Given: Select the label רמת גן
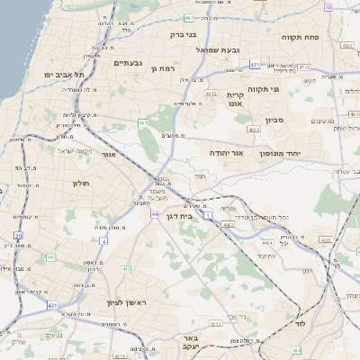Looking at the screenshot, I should [x=167, y=68].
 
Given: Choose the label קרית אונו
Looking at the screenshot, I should [x=235, y=99].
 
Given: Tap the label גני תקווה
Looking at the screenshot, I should [x=288, y=90].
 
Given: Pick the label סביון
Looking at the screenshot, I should [x=274, y=119].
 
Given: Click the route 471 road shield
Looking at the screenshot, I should [x=255, y=65].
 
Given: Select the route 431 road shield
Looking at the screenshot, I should [x=52, y=306].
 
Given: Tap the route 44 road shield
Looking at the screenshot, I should [x=155, y=214].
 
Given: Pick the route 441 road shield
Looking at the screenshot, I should [x=50, y=257].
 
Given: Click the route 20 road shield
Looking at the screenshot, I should [x=18, y=236].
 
